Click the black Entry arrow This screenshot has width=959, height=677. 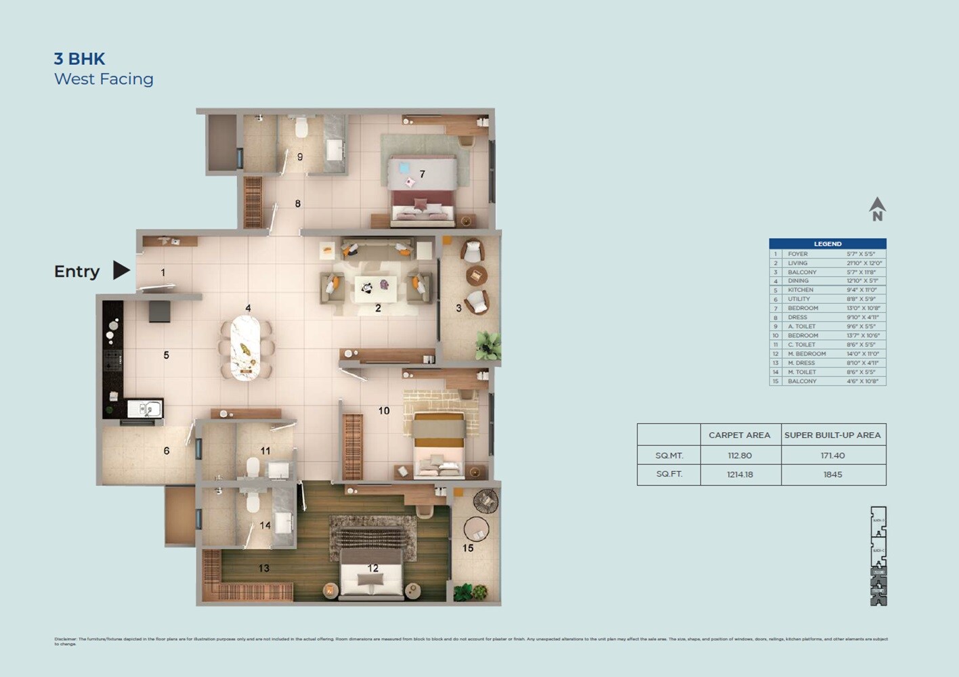tap(121, 270)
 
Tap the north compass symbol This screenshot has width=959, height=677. tap(877, 209)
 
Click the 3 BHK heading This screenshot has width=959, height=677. tap(79, 59)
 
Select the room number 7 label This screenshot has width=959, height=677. tap(422, 174)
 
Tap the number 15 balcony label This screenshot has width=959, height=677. tap(468, 548)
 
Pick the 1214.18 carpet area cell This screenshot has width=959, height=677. tap(740, 475)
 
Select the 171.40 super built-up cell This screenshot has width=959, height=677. tap(832, 456)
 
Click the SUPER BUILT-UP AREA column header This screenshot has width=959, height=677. tap(832, 435)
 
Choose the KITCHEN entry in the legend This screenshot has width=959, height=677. tap(801, 290)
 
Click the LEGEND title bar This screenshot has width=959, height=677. tap(827, 244)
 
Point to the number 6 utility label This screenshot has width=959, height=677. tap(167, 450)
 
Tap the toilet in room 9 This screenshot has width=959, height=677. tap(302, 127)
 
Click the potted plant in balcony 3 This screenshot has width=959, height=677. tap(487, 345)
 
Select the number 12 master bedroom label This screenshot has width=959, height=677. tap(372, 568)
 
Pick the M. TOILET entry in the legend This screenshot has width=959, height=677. tap(802, 372)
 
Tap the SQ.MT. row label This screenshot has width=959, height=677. tap(668, 456)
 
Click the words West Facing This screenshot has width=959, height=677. tap(104, 79)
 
